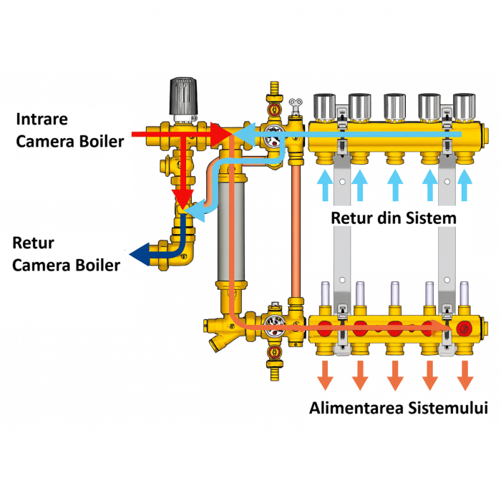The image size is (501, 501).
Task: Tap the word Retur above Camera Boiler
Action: pyautogui.click(x=34, y=244)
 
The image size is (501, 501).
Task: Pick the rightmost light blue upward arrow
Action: pyautogui.click(x=465, y=185)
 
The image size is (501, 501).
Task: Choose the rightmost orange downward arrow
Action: pyautogui.click(x=466, y=374)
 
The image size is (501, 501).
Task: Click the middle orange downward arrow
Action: pyautogui.click(x=395, y=374)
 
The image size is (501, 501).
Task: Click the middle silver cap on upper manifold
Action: pyautogui.click(x=395, y=106)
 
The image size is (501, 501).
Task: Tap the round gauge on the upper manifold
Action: pyautogui.click(x=273, y=135)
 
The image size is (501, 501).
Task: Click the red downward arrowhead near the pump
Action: pyautogui.click(x=185, y=198)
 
